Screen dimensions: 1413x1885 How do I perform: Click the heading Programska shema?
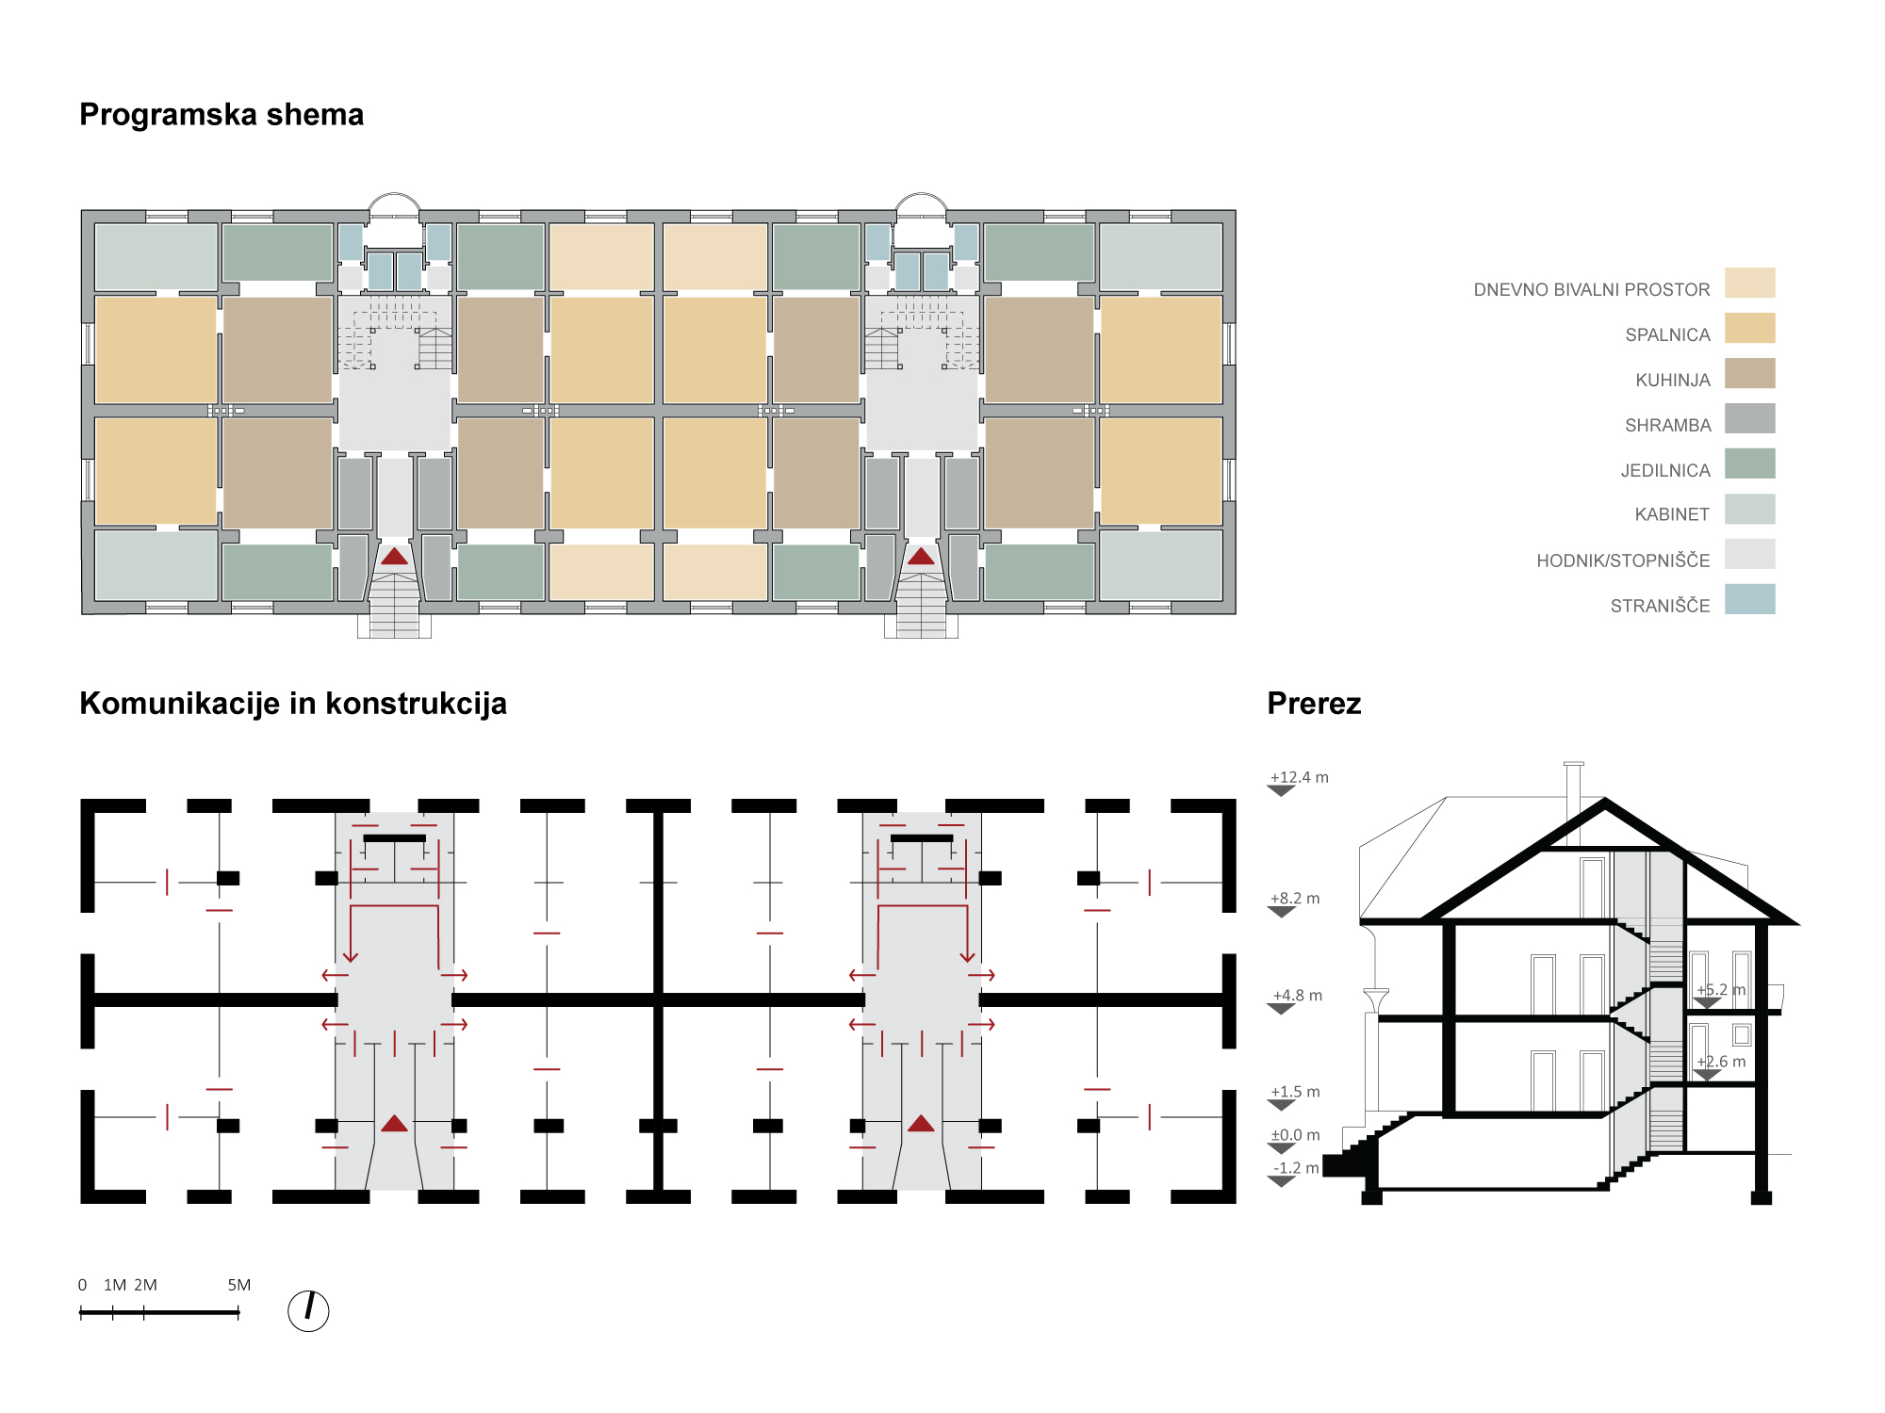pyautogui.click(x=221, y=115)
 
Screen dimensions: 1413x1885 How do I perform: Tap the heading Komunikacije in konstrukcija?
pyautogui.click(x=293, y=704)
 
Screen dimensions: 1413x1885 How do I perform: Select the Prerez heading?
pyautogui.click(x=1314, y=704)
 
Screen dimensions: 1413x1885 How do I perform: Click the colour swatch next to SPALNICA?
pyautogui.click(x=1749, y=328)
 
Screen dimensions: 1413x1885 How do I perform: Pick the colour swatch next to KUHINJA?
pyautogui.click(x=1749, y=373)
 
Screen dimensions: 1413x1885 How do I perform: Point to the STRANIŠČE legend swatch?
pyautogui.click(x=1749, y=599)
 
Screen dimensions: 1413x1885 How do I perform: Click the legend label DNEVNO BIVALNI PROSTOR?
pyautogui.click(x=1591, y=290)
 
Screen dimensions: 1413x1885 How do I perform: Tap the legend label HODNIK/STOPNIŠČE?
pyautogui.click(x=1622, y=561)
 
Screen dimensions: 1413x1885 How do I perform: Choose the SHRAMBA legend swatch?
pyautogui.click(x=1749, y=418)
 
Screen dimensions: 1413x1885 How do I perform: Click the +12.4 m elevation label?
pyautogui.click(x=1299, y=778)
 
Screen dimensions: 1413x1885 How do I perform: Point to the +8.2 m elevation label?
pyautogui.click(x=1295, y=899)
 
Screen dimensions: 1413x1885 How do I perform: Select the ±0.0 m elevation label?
pyautogui.click(x=1295, y=1135)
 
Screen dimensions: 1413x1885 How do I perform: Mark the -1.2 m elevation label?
pyautogui.click(x=1296, y=1168)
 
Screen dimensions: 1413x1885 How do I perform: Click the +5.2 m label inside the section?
pyautogui.click(x=1720, y=990)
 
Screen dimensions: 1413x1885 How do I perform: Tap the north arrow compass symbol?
pyautogui.click(x=308, y=1310)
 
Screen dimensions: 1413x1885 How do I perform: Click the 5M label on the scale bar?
pyautogui.click(x=238, y=1285)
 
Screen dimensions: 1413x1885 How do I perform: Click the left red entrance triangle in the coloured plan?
pyautogui.click(x=394, y=557)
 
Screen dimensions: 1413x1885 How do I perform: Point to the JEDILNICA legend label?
pyautogui.click(x=1664, y=471)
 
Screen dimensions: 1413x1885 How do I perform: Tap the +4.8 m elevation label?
pyautogui.click(x=1297, y=996)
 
